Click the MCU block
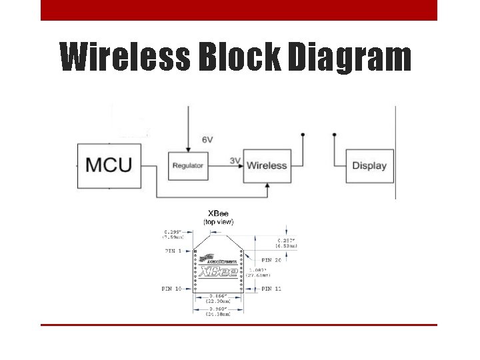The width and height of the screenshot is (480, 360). (x=109, y=165)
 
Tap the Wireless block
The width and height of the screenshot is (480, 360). (x=267, y=165)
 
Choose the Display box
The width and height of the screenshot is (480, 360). (x=369, y=165)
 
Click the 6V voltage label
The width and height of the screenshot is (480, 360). (x=207, y=140)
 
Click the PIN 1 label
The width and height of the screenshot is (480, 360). (x=175, y=251)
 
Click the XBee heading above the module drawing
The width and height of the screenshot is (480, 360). (x=218, y=213)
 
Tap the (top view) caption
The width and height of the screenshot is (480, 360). (x=218, y=221)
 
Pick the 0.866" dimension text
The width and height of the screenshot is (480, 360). (x=218, y=297)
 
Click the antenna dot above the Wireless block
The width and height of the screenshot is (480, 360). (x=303, y=135)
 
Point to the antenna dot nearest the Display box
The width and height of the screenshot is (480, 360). (x=333, y=135)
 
